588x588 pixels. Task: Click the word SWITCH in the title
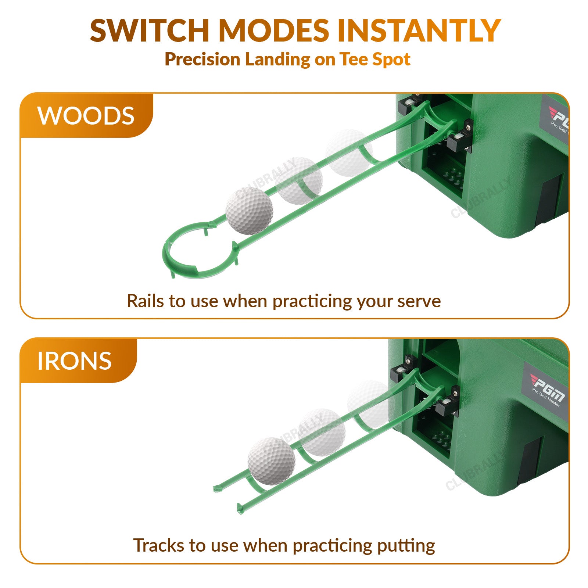point(150,30)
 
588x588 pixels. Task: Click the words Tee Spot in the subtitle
point(374,59)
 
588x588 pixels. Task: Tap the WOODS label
point(86,116)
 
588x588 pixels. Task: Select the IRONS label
point(75,361)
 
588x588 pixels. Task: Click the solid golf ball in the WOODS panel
point(249,211)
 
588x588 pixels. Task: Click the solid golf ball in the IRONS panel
point(272,462)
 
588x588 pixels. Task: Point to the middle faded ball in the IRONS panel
point(322,433)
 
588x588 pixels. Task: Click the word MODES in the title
point(274,30)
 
